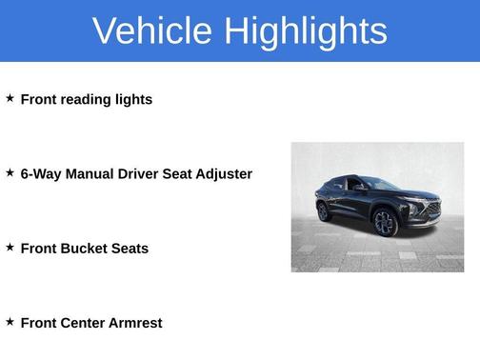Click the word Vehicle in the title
pos(151,31)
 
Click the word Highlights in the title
pos(306,31)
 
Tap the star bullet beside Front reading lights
pos(10,98)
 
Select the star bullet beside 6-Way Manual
pos(10,172)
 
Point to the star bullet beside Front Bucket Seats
pos(10,247)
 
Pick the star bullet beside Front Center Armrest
pos(10,321)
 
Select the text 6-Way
pos(41,173)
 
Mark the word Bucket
pos(85,248)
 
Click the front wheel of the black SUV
pos(385,223)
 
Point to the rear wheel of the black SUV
pos(323,211)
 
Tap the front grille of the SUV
pos(431,209)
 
